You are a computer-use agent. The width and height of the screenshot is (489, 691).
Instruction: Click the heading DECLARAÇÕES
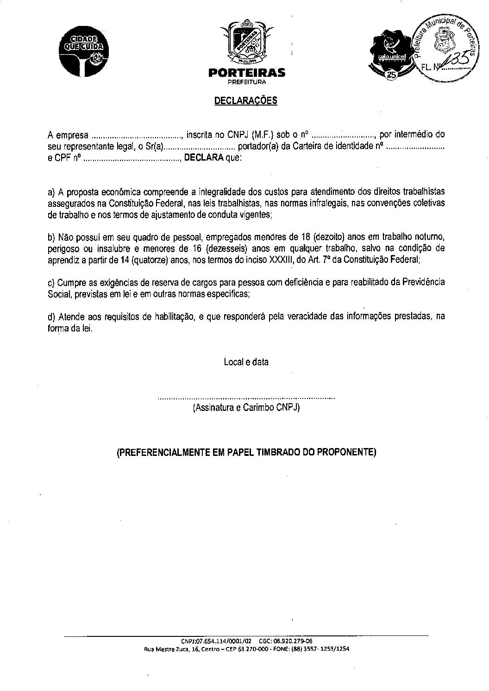tap(245, 100)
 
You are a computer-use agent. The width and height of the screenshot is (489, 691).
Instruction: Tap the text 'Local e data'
tap(246, 362)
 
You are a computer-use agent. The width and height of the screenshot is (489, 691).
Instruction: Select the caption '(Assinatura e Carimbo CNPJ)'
tap(246, 408)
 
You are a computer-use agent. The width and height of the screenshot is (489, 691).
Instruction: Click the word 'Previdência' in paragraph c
tap(422, 282)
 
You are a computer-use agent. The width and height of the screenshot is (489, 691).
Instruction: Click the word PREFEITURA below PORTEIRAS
tap(246, 82)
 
